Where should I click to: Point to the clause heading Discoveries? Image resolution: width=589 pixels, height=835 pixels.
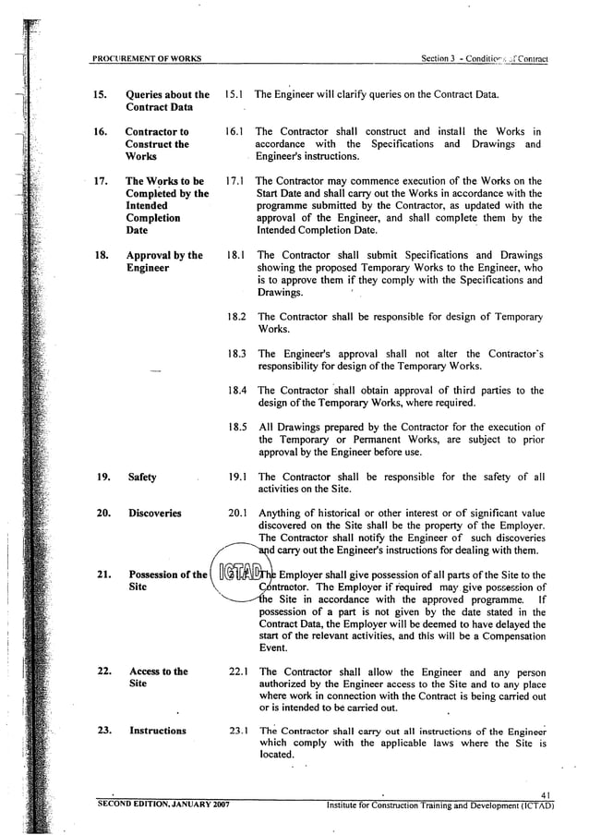click(155, 514)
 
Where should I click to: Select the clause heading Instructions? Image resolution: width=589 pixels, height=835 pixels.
click(158, 731)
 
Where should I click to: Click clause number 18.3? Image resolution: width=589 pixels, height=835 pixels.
click(235, 353)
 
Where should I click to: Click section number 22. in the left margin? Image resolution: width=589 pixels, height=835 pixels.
click(104, 672)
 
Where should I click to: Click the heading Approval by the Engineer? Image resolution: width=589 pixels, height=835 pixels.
click(164, 261)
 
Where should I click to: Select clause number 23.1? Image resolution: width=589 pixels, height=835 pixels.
click(237, 731)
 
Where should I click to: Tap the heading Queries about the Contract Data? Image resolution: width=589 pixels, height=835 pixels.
click(167, 101)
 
